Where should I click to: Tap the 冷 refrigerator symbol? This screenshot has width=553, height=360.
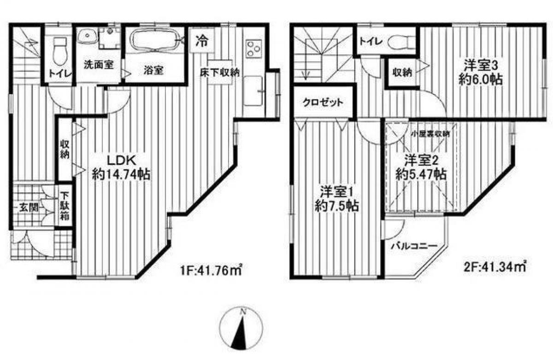click(x=201, y=41)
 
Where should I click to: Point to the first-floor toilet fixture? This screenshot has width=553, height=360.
click(x=58, y=52)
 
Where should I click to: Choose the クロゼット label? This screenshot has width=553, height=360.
click(x=323, y=102)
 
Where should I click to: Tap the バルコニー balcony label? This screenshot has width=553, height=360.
click(x=413, y=246)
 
